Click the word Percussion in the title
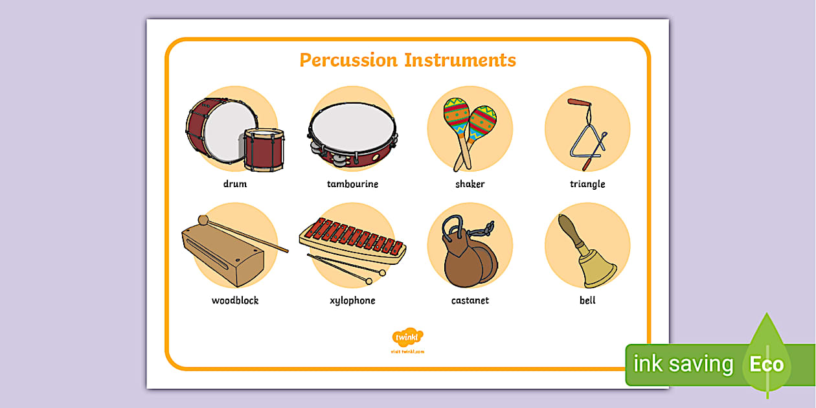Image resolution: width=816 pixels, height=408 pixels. click(348, 60)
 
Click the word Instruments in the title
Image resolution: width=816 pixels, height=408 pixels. click(460, 60)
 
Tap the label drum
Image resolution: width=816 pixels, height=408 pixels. click(235, 184)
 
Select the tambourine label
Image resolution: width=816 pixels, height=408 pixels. click(352, 184)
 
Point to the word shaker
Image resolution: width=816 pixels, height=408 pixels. click(470, 184)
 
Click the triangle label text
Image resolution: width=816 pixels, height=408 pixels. click(587, 184)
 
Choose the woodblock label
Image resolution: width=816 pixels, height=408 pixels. click(235, 300)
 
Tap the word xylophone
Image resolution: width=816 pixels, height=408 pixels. click(352, 300)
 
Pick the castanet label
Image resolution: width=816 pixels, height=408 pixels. click(470, 300)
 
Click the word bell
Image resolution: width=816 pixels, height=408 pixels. click(587, 300)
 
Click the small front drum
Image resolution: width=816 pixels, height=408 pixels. click(264, 150)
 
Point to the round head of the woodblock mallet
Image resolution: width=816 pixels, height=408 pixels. click(203, 220)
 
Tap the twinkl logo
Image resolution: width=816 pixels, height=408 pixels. click(407, 337)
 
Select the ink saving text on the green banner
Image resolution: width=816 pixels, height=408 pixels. click(683, 364)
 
